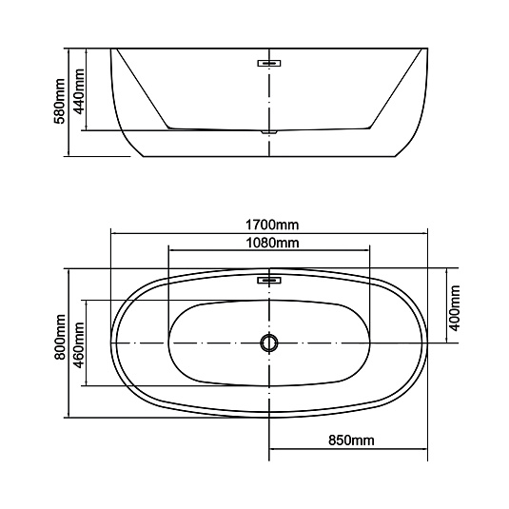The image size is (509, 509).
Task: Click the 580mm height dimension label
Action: point(59,101)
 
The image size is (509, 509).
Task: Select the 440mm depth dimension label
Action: point(78,91)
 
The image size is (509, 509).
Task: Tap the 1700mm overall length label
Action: point(272,225)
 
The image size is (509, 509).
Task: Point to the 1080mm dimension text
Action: point(272,243)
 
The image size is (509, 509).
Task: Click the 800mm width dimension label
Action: point(60,337)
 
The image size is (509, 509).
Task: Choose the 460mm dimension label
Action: point(78,345)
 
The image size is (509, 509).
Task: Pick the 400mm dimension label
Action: point(454,307)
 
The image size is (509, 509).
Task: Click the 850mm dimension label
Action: point(351,440)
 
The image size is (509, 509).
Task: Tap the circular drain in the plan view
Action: point(269,343)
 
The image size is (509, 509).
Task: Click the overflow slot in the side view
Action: point(269,63)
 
